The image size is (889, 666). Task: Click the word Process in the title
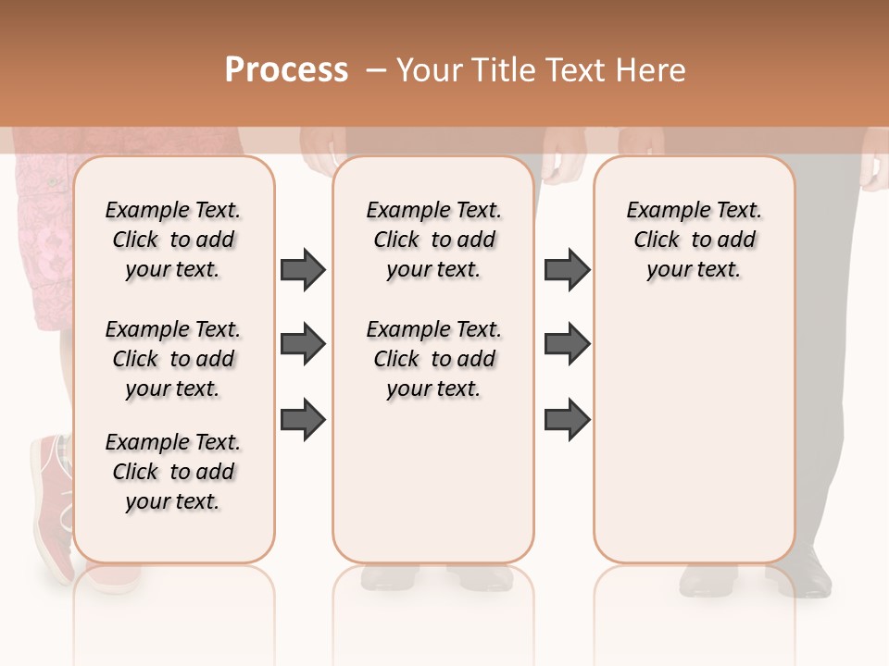coord(286,69)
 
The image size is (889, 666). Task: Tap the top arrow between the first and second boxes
coord(303,269)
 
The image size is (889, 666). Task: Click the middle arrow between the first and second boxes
coord(303,344)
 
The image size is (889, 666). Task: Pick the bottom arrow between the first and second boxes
coord(303,419)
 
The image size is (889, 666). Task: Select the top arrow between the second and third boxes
coord(567,269)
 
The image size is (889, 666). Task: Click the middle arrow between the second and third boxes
coord(567,344)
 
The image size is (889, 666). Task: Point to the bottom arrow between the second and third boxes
coord(567,419)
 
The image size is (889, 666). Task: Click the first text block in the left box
coord(173,240)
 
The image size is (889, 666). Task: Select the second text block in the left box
coord(173,359)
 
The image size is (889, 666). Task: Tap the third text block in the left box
coord(173,472)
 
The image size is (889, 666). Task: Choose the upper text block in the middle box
coord(434,240)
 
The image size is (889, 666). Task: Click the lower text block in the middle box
coord(434,359)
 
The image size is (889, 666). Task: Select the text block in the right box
coord(695,240)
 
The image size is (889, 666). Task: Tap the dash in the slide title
coord(376,70)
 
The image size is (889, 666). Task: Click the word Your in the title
coord(432,70)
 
